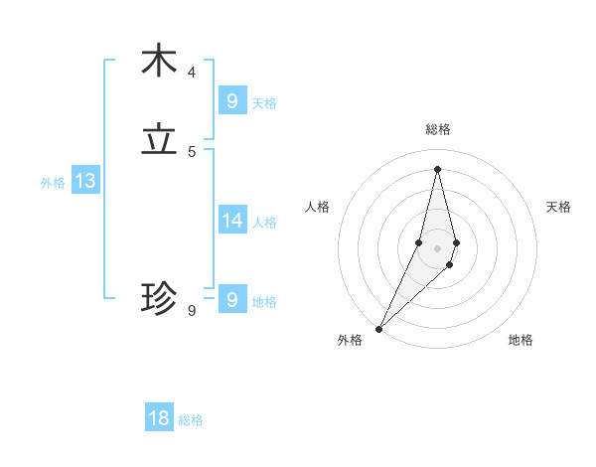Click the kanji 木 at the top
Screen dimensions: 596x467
[x=159, y=62]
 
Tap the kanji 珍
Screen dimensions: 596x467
[x=159, y=297]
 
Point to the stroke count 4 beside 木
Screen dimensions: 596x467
[x=192, y=73]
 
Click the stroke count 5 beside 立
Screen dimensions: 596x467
[x=192, y=152]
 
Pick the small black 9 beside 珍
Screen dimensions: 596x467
[x=192, y=311]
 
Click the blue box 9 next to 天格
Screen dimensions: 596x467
[x=231, y=100]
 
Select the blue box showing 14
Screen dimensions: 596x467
[x=231, y=220]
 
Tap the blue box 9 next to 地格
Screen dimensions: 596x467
[x=231, y=299]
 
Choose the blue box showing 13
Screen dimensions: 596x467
[x=85, y=181]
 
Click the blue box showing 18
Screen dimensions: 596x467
[x=159, y=418]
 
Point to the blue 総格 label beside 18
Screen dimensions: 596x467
[x=191, y=420]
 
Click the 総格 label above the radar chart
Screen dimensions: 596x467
[x=438, y=129]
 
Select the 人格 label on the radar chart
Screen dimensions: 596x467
[x=317, y=207]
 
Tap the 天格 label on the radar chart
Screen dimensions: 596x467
[x=558, y=207]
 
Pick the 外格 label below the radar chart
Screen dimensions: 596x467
[x=350, y=341]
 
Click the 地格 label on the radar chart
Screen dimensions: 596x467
[x=521, y=341]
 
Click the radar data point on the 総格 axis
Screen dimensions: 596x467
[x=437, y=169]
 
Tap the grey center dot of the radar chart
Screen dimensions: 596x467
[x=437, y=247]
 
